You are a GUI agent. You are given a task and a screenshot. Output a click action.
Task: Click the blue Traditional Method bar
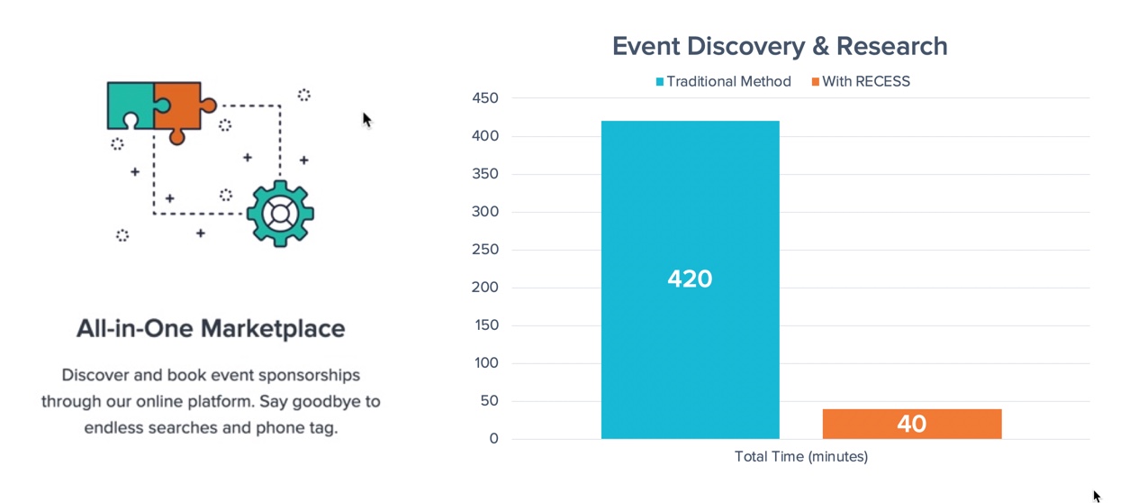pyautogui.click(x=690, y=279)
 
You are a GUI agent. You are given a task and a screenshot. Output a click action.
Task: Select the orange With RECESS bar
pyautogui.click(x=912, y=424)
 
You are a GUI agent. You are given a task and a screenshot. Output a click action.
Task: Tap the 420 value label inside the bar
pyautogui.click(x=690, y=279)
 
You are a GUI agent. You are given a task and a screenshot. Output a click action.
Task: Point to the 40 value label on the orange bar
pyautogui.click(x=912, y=424)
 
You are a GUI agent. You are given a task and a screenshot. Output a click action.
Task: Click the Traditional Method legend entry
pyautogui.click(x=724, y=81)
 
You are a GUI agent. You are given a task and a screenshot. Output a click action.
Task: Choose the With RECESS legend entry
pyautogui.click(x=861, y=81)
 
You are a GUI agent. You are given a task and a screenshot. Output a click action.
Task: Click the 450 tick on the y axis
pyautogui.click(x=485, y=98)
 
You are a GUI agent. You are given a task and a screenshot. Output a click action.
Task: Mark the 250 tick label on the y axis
pyautogui.click(x=485, y=249)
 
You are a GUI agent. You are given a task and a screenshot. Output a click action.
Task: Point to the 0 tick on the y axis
pyautogui.click(x=494, y=438)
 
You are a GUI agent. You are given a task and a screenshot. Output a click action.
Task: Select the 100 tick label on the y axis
pyautogui.click(x=486, y=362)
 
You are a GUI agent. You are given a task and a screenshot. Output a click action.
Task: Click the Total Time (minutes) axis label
pyautogui.click(x=801, y=457)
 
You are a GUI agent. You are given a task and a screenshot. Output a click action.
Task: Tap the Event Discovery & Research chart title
pyautogui.click(x=780, y=46)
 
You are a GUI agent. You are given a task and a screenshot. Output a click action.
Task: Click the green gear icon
pyautogui.click(x=280, y=214)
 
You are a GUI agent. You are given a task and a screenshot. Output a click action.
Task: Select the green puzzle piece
pyautogui.click(x=134, y=105)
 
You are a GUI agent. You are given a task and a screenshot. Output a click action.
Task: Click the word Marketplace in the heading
pyautogui.click(x=273, y=329)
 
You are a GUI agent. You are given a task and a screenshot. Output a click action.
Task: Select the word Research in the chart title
pyautogui.click(x=892, y=46)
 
